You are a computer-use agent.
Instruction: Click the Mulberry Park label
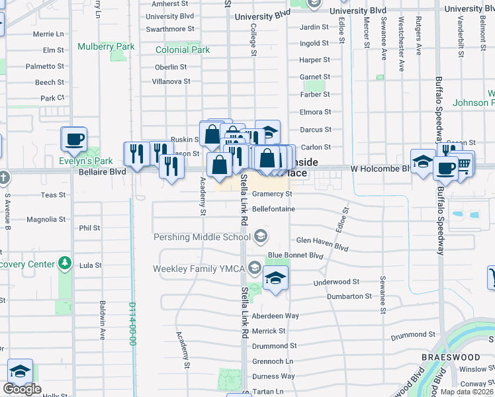pyautogui.click(x=105, y=47)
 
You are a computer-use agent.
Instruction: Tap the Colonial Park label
pyautogui.click(x=182, y=50)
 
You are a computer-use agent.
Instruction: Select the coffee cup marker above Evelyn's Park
pyautogui.click(x=73, y=140)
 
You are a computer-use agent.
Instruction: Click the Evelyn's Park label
pyautogui.click(x=82, y=161)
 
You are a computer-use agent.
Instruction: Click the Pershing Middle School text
pyautogui.click(x=202, y=237)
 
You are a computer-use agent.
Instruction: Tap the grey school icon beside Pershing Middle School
pyautogui.click(x=261, y=236)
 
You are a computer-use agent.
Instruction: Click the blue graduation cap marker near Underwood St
pyautogui.click(x=275, y=279)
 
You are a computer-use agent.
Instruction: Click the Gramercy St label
pyautogui.click(x=272, y=194)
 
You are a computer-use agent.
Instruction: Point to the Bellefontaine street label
pyautogui.click(x=273, y=209)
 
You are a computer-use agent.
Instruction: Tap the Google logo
pyautogui.click(x=22, y=389)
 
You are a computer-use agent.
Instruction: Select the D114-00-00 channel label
pyautogui.click(x=132, y=324)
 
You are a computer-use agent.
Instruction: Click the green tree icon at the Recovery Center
pyautogui.click(x=64, y=263)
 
